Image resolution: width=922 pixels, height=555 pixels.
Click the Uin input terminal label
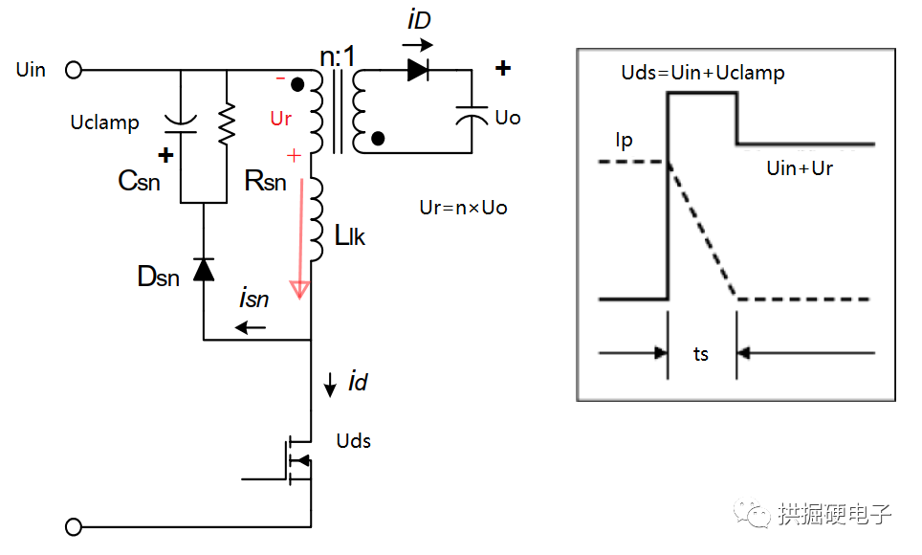coord(31,70)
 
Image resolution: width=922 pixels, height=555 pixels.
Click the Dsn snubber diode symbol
coord(204,270)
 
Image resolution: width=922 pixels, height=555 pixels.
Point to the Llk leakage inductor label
coord(350,234)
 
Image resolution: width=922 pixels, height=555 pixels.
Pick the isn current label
coord(253,300)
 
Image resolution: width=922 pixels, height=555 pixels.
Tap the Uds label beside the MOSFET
coord(354,441)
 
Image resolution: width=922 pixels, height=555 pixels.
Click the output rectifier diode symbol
coord(417,69)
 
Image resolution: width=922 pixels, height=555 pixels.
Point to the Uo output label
coord(508,118)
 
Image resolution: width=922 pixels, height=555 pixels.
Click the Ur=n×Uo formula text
coord(463,207)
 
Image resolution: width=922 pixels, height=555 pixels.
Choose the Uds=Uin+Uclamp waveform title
coord(702,72)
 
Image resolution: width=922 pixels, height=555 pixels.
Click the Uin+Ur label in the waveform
coord(800,168)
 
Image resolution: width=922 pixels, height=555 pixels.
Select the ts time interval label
coord(701,354)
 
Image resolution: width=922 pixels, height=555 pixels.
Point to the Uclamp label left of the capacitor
coord(104,122)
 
